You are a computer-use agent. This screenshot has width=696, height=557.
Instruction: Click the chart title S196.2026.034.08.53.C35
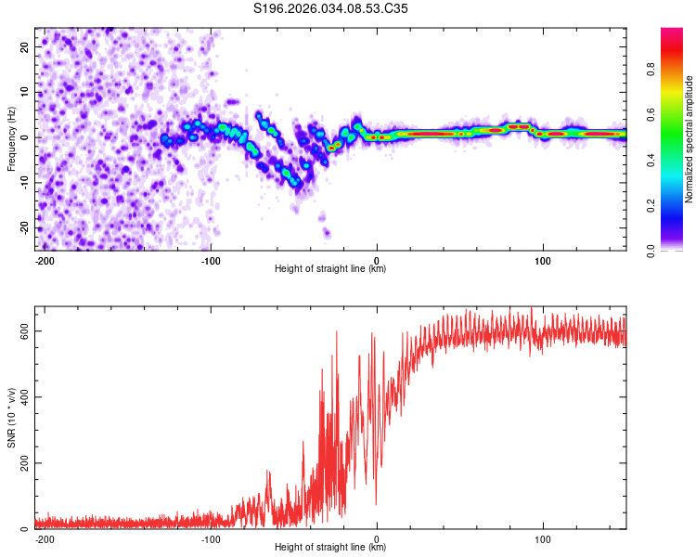[330, 8]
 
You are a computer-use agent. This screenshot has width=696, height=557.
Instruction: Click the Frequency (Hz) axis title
[11, 137]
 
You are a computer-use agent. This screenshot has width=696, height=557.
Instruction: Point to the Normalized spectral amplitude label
[690, 139]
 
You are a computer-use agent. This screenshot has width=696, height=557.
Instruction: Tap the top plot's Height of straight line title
[330, 269]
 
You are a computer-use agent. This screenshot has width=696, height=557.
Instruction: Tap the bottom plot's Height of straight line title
[330, 548]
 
